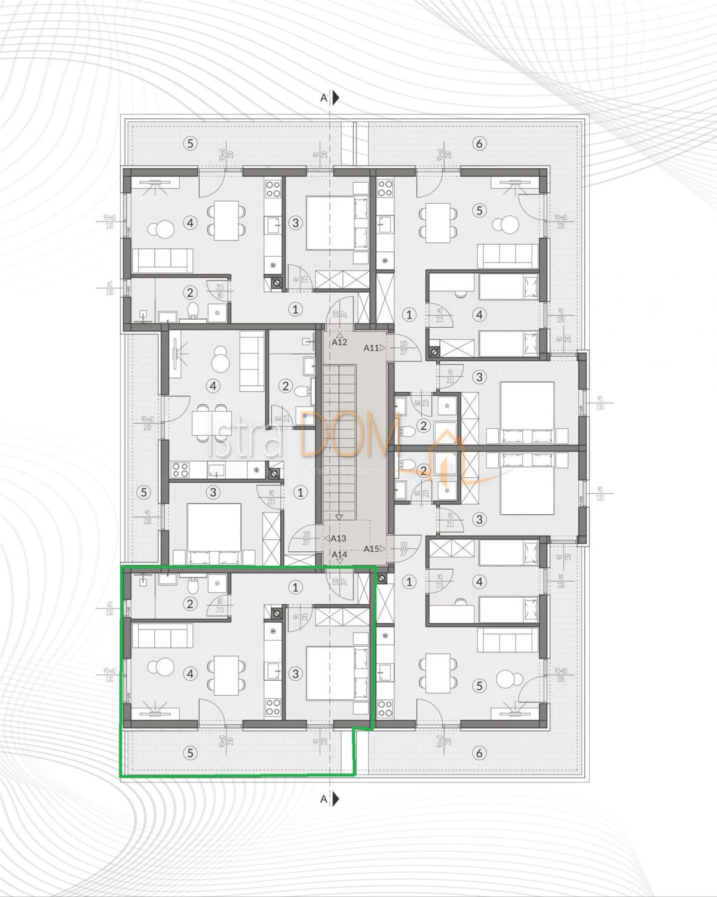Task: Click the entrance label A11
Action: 371,347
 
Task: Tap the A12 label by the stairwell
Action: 339,342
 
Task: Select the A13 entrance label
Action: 339,538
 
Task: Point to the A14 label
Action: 339,554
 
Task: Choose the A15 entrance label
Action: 371,549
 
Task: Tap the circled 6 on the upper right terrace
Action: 479,143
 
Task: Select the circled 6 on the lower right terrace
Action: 479,754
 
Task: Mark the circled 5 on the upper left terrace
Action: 190,143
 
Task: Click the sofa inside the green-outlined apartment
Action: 162,635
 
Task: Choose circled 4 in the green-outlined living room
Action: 191,674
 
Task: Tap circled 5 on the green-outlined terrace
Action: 190,753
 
